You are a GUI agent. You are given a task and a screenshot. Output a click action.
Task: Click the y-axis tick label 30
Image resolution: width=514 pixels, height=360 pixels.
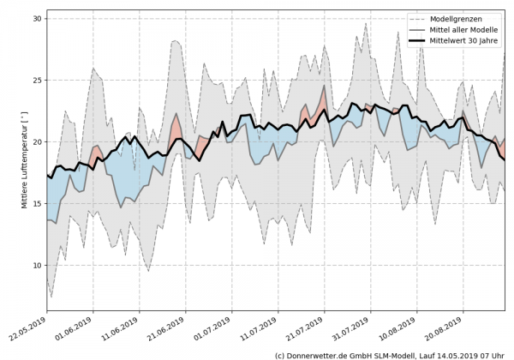point(37,18)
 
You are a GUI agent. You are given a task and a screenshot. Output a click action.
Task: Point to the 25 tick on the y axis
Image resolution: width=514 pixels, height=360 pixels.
point(37,80)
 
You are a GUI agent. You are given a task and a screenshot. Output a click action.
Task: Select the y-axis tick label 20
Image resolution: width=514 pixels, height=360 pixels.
point(37,141)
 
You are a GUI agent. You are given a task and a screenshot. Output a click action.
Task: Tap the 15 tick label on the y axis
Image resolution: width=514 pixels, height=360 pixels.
point(37,203)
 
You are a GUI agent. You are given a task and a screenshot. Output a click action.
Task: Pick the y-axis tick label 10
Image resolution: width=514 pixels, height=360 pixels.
point(37,265)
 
